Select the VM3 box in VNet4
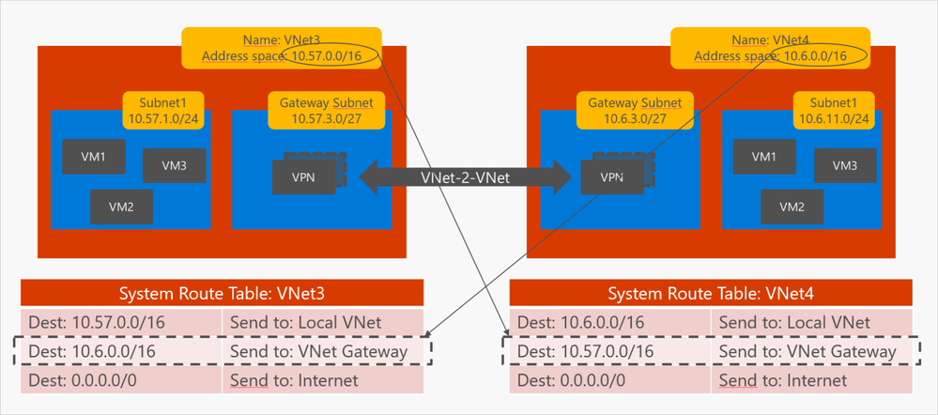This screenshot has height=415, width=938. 845,165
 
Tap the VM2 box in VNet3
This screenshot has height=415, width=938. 121,207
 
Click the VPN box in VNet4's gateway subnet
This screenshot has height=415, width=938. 611,177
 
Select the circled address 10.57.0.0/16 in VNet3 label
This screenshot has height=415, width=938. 332,57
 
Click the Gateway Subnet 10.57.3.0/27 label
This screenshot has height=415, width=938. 320,110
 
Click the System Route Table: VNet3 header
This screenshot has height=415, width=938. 222,293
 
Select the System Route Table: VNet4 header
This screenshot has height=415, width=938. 711,293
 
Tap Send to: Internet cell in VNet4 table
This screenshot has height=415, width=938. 812,380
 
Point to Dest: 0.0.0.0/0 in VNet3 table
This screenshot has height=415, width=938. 122,380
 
